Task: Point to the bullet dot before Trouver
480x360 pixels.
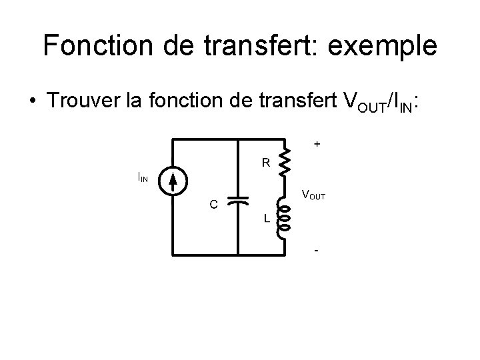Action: coord(32,103)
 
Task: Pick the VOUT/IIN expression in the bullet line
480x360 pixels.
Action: coord(381,102)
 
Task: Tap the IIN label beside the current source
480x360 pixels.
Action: coord(143,177)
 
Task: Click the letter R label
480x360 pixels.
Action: coord(265,162)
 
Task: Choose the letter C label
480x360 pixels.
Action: coord(213,205)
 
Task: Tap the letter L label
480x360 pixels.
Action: coord(266,218)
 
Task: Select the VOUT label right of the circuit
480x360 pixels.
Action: coord(313,195)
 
